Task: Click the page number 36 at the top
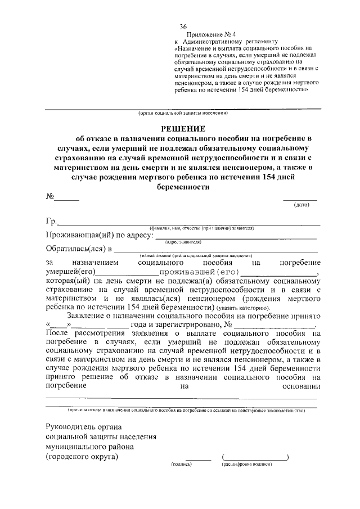coord(183,27)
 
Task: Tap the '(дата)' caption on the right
coord(301,205)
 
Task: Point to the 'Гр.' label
coord(51,222)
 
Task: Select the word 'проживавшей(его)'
coord(193,273)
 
